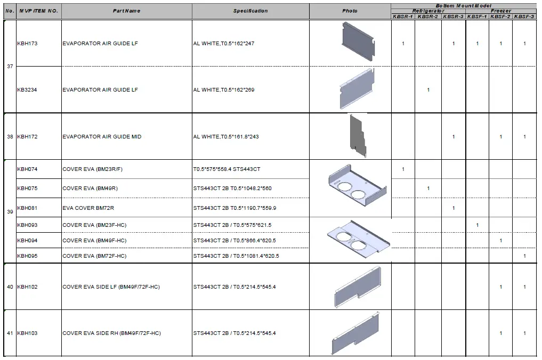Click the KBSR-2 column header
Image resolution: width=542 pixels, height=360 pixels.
pyautogui.click(x=428, y=17)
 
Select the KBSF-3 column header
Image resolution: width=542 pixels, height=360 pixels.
pyautogui.click(x=524, y=17)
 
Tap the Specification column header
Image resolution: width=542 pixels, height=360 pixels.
pyautogui.click(x=250, y=11)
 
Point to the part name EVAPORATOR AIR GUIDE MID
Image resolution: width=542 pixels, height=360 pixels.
pyautogui.click(x=102, y=137)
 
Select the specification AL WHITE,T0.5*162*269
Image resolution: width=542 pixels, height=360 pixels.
pyautogui.click(x=224, y=90)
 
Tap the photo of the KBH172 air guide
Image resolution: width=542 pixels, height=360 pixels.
pyautogui.click(x=358, y=136)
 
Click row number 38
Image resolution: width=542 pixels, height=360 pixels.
pyautogui.click(x=10, y=137)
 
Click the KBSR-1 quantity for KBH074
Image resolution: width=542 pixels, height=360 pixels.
pyautogui.click(x=403, y=169)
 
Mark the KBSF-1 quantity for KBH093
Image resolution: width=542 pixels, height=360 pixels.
pyautogui.click(x=477, y=225)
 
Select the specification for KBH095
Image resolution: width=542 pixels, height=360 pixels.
pyautogui.click(x=236, y=256)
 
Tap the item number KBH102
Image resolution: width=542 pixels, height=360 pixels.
pyautogui.click(x=27, y=287)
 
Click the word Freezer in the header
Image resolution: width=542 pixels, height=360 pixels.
pyautogui.click(x=501, y=11)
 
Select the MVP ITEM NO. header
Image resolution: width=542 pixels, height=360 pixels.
pyautogui.click(x=39, y=11)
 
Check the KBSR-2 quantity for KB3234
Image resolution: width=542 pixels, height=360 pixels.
pyautogui.click(x=428, y=90)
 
